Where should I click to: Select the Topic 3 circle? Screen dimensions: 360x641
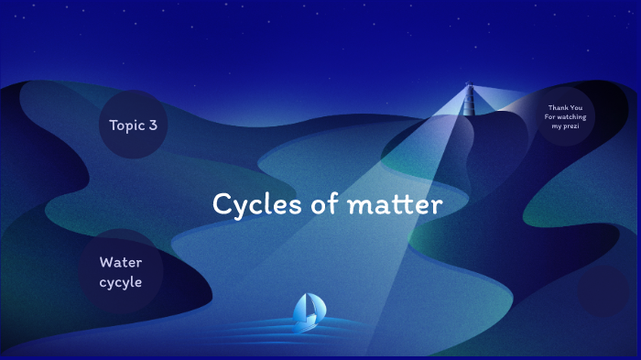click(x=133, y=125)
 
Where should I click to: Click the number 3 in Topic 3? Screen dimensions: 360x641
click(x=152, y=125)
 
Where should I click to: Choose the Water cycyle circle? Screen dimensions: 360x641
click(x=121, y=272)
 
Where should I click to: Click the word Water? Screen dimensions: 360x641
click(x=121, y=263)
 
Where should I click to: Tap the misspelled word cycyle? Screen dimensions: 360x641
click(x=121, y=282)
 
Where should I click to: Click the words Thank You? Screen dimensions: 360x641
click(x=565, y=108)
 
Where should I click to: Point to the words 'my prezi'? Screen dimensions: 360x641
click(x=564, y=126)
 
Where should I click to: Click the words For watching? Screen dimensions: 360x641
click(x=564, y=117)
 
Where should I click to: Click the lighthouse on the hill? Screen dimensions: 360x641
click(x=471, y=98)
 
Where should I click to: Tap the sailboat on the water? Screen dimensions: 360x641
click(x=307, y=311)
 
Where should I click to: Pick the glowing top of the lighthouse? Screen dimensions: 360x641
click(x=471, y=89)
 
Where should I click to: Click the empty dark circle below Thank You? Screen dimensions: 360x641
click(x=604, y=290)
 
